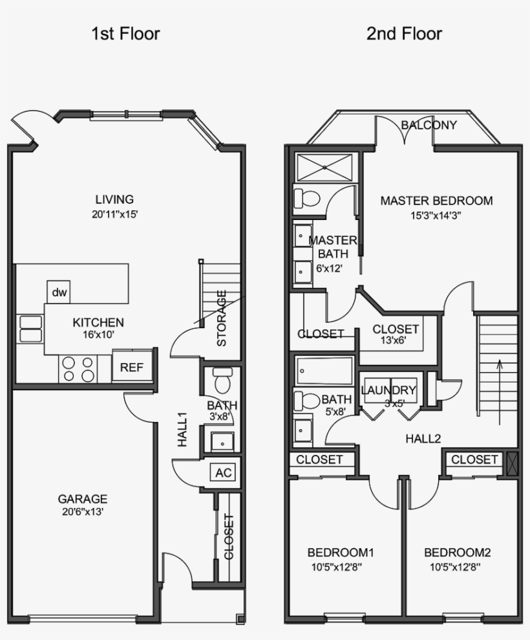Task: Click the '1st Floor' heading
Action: (x=125, y=34)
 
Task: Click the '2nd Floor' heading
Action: (x=405, y=34)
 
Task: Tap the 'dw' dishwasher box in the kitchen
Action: (x=59, y=292)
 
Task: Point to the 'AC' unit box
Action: (x=224, y=473)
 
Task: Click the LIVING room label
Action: (x=114, y=199)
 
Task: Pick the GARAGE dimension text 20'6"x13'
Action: (x=82, y=511)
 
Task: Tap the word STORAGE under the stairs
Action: (x=222, y=318)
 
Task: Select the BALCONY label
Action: (x=429, y=125)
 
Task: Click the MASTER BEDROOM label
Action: (x=436, y=201)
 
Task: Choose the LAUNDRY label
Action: (x=388, y=390)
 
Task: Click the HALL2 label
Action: (x=423, y=439)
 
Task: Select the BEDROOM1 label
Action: (x=341, y=553)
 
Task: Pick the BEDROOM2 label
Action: (x=458, y=553)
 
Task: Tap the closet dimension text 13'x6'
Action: (x=395, y=341)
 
